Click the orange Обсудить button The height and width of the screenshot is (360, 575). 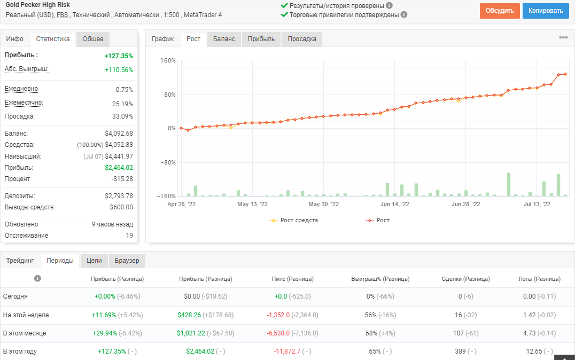500,11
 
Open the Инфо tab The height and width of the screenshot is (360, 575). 14,39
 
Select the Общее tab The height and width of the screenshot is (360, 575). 93,39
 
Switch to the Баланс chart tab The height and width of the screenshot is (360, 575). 224,39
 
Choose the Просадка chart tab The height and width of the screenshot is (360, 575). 302,39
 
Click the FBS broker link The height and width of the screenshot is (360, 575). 63,15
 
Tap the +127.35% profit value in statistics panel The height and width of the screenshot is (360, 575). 119,56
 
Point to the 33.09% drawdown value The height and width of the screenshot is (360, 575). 123,116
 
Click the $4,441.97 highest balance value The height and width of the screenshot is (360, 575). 119,156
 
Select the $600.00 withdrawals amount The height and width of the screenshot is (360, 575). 121,207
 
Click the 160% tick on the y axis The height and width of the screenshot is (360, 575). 168,60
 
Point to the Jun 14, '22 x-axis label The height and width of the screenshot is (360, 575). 394,204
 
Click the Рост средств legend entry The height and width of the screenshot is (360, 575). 294,220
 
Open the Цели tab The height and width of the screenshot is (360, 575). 94,261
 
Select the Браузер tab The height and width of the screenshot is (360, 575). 127,261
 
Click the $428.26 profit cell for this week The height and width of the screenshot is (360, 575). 189,315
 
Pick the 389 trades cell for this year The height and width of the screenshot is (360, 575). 460,351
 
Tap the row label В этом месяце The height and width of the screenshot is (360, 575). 25,333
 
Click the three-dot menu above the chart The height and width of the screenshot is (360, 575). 563,37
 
